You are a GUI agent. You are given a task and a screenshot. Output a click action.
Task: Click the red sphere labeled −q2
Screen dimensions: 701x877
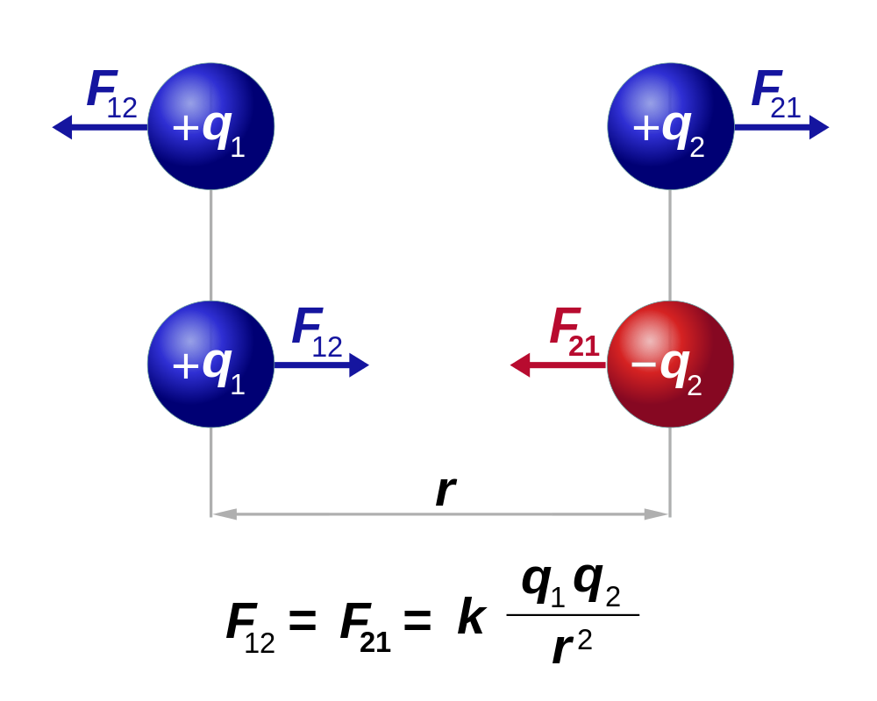[670, 365]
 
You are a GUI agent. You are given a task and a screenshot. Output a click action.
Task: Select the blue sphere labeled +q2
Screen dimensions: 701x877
[670, 126]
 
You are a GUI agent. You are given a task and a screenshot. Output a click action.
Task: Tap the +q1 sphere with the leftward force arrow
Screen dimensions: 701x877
[210, 126]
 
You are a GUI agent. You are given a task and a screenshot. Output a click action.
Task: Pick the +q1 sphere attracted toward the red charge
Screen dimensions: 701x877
[210, 365]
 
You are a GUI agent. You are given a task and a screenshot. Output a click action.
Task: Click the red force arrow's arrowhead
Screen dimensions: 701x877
[520, 365]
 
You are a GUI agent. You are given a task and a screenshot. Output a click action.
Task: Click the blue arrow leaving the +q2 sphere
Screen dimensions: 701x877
[781, 127]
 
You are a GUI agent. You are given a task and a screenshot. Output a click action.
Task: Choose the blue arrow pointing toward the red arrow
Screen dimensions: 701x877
[321, 365]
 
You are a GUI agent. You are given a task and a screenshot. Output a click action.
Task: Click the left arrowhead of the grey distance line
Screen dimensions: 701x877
[225, 514]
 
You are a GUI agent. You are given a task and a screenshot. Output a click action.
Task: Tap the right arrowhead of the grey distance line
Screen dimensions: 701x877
[657, 514]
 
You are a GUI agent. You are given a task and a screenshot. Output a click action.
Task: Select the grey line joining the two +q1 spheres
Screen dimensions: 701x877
[210, 245]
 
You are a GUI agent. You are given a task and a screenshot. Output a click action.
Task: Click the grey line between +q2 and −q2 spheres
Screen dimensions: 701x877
[670, 245]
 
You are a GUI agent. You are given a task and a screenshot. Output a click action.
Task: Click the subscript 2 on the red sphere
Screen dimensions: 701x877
[694, 386]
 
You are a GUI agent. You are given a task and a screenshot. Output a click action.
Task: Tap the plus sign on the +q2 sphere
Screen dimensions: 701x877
[645, 128]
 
